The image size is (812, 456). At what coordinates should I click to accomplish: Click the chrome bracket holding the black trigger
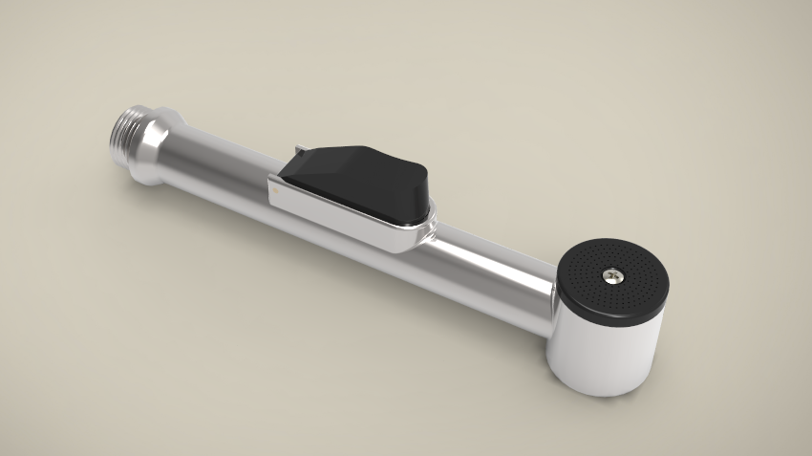pyautogui.click(x=344, y=223)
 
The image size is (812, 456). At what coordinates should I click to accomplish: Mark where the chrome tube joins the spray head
pyautogui.click(x=552, y=292)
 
